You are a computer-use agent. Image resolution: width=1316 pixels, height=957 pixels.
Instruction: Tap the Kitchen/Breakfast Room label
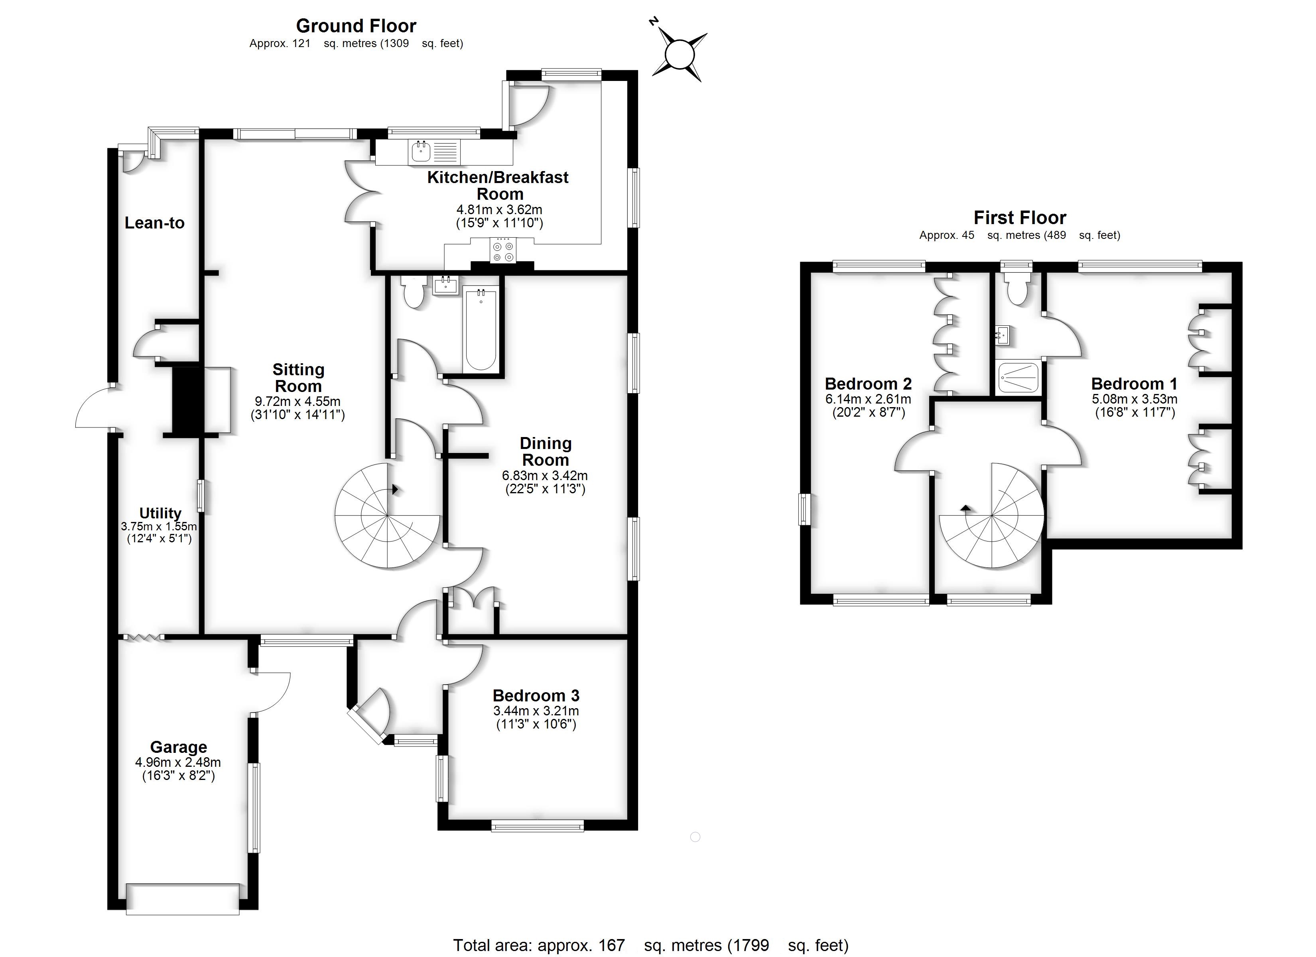pos(498,185)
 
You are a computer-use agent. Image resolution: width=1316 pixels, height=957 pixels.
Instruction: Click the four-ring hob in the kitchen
pos(502,251)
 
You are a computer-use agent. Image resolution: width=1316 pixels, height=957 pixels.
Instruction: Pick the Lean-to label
pos(154,223)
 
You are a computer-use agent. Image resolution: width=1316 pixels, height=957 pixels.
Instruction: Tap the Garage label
pos(178,747)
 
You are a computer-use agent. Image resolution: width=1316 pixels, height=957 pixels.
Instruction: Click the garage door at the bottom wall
pos(183,899)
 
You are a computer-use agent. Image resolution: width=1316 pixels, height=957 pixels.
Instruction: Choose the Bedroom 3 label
pos(536,695)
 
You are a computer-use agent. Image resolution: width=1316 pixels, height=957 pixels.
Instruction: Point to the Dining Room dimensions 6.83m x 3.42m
pos(544,476)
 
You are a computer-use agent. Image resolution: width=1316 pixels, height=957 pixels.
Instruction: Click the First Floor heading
pos(1019,218)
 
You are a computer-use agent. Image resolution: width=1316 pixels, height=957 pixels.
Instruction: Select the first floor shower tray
pos(1019,378)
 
